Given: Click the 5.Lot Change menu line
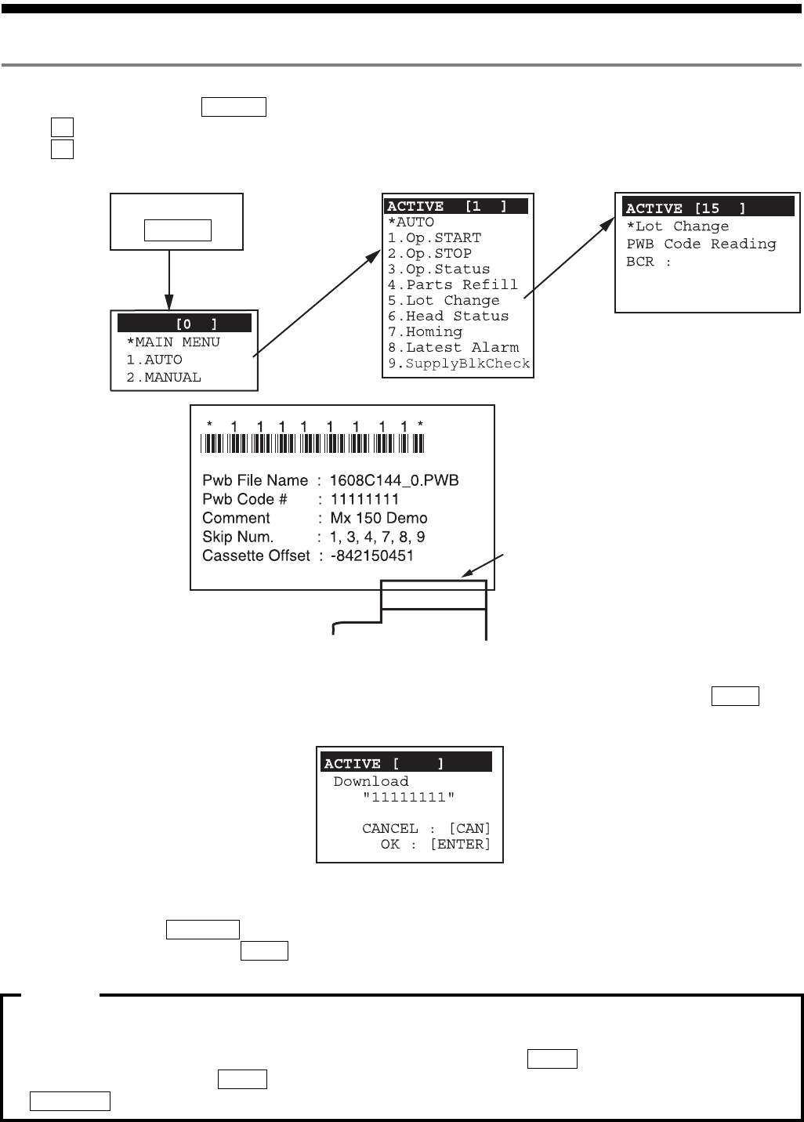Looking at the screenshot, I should point(443,301).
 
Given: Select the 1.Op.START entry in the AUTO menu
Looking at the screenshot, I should point(434,238).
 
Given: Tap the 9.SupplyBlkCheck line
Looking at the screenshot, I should point(458,364).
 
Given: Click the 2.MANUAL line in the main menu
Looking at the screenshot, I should point(163,378).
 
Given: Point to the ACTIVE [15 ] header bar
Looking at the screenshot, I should point(708,208).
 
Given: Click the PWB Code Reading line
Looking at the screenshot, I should point(701,244).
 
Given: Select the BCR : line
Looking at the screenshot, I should point(648,262).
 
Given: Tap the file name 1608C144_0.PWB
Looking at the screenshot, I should point(393,480).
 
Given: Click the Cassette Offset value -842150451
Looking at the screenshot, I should point(371,556).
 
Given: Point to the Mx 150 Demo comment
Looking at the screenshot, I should point(378,518).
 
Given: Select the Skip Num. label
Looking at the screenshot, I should point(237,537).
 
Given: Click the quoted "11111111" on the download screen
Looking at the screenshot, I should point(408,798).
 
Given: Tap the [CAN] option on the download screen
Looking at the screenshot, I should point(469,829).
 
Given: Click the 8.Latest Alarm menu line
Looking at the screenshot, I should point(453,348).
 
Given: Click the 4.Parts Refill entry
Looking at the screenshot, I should point(452,285).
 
